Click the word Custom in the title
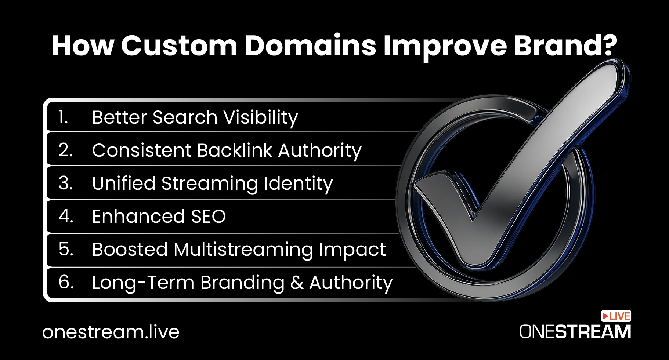click(x=179, y=46)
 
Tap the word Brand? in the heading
click(x=565, y=46)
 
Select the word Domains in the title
click(x=311, y=46)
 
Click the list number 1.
click(x=63, y=117)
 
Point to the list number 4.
click(x=66, y=216)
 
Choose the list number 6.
click(x=66, y=282)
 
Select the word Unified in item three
click(x=124, y=183)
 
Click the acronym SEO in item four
click(x=208, y=216)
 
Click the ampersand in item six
click(x=297, y=283)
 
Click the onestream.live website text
click(x=111, y=332)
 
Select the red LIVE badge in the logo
click(x=616, y=316)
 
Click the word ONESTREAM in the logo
click(x=575, y=332)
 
